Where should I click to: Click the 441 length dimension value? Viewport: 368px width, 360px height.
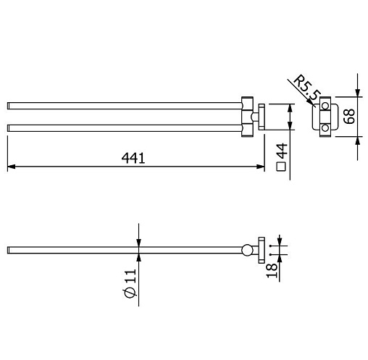(133, 158)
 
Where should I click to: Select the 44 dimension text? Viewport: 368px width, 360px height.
(282, 151)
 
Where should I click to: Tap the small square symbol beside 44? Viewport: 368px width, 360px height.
(281, 167)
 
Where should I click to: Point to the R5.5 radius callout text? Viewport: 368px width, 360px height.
(307, 88)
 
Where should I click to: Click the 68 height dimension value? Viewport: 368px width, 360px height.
(349, 117)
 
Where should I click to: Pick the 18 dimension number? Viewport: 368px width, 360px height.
(272, 270)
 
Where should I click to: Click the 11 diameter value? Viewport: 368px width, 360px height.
(130, 276)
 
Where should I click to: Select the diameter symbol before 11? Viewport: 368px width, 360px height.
(130, 293)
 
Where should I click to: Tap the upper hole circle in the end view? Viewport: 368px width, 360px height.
(325, 106)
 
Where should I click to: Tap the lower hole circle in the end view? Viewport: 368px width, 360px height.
(325, 127)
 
